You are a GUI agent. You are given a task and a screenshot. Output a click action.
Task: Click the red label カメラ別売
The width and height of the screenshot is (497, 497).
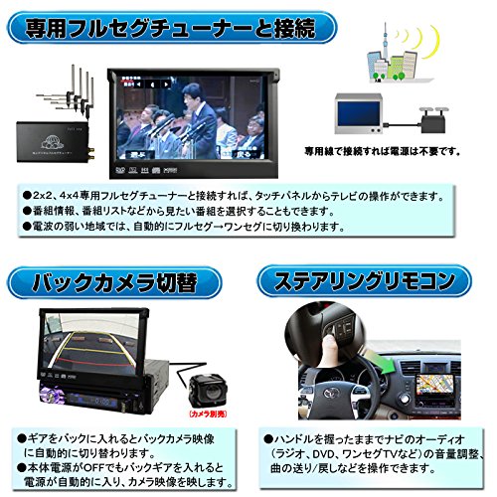point(213,411)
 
